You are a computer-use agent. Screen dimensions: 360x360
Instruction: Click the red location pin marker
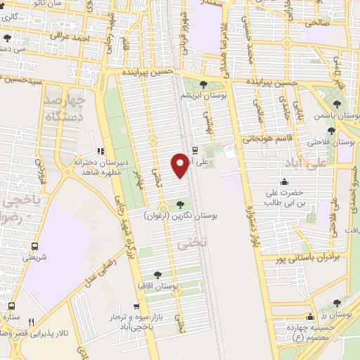coord(180,165)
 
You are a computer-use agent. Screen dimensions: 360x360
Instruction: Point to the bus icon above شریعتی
coord(34,247)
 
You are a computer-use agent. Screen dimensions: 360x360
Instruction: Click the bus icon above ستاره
coord(11,307)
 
